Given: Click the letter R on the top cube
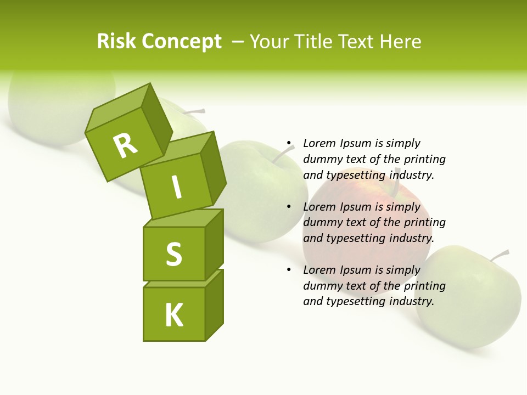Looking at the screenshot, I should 125,145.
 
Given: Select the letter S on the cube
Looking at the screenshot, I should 173,254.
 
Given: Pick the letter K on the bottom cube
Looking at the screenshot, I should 173,315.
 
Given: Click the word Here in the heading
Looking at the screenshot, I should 400,41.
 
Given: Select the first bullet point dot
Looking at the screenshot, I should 288,143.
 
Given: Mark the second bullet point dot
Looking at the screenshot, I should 288,207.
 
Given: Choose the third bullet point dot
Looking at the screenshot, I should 288,270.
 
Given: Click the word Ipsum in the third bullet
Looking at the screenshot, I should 356,270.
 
